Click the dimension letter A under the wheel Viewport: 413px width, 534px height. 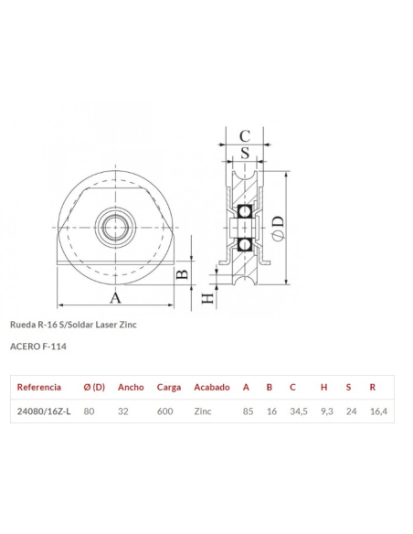coord(115,297)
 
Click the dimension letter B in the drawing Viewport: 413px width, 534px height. coord(182,274)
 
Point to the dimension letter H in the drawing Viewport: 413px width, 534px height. coord(208,297)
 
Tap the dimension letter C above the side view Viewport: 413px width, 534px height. coord(244,136)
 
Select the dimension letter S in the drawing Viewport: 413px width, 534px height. coord(244,152)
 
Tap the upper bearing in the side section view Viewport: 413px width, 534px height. coord(244,211)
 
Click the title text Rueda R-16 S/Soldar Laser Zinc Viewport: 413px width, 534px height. coord(72,325)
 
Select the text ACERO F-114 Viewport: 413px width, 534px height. coord(37,347)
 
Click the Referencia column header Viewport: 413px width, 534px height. coord(39,387)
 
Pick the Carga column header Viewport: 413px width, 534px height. coord(168,387)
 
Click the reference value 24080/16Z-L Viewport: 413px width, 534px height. coord(44,411)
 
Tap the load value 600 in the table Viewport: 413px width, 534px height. coord(164,411)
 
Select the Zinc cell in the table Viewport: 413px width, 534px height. coord(203,411)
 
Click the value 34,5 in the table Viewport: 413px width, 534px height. coord(297,411)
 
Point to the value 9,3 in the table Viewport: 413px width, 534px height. coord(326,411)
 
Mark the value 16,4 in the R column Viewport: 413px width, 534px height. coord(378,411)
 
